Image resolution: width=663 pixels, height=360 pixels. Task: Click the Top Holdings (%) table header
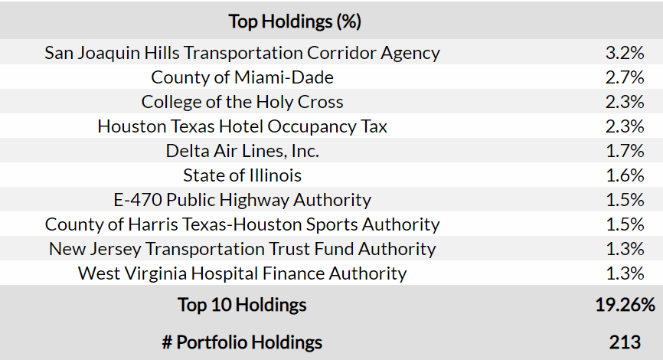click(x=295, y=21)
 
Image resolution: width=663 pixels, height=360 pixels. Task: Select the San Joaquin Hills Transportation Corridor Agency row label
click(x=242, y=53)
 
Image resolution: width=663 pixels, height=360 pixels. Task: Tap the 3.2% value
click(x=625, y=53)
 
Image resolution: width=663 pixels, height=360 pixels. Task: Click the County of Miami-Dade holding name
click(x=242, y=77)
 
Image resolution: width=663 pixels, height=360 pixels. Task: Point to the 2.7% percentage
click(x=625, y=77)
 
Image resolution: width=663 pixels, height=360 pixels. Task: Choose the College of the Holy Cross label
click(x=242, y=102)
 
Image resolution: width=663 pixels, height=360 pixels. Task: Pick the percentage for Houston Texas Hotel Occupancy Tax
click(x=625, y=126)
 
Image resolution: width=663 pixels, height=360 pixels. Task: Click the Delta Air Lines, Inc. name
click(x=242, y=151)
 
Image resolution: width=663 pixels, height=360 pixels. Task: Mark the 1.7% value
click(x=625, y=151)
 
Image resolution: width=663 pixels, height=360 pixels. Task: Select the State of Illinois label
click(x=242, y=175)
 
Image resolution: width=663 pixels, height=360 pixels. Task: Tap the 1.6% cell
click(x=625, y=175)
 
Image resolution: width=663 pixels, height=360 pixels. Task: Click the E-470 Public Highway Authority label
click(x=242, y=200)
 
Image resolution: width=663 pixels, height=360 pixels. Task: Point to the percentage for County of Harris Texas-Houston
click(x=625, y=224)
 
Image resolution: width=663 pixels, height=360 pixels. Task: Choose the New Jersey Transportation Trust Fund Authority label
click(x=242, y=249)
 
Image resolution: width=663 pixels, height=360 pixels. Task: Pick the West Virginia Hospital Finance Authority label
click(x=242, y=273)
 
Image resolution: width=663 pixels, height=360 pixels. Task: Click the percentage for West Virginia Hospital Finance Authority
click(x=625, y=273)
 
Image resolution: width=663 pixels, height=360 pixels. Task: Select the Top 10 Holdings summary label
click(x=242, y=305)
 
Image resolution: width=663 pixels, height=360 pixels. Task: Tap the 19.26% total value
click(x=625, y=305)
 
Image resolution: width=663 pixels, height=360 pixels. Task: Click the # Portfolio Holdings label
click(x=242, y=342)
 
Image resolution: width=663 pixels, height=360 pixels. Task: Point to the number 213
click(x=625, y=342)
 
